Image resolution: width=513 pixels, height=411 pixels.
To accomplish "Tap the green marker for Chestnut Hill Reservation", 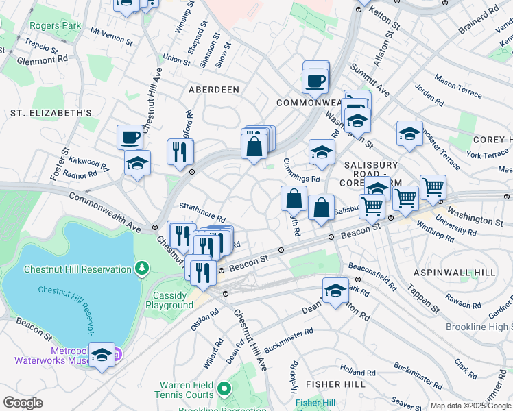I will [x=143, y=266].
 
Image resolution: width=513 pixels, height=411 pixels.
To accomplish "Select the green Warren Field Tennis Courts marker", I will [x=224, y=390].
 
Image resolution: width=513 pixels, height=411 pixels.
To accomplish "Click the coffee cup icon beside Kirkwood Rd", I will [x=130, y=138].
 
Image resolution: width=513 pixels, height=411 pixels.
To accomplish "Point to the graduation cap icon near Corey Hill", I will [x=409, y=134].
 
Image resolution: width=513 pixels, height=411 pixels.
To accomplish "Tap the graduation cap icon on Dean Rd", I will [x=335, y=290].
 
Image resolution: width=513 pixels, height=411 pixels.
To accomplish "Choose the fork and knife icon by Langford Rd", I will [x=180, y=151].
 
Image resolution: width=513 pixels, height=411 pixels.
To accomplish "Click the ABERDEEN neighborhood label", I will [x=215, y=90].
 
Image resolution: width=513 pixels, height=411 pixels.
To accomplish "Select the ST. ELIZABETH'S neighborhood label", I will [x=51, y=112].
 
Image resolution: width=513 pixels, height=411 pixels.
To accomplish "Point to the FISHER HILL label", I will [x=335, y=384].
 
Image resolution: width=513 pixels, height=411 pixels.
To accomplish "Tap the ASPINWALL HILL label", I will [x=455, y=273].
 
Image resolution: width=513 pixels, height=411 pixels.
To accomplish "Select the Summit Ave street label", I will [x=370, y=79].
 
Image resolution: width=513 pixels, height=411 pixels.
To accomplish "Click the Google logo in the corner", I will [x=23, y=403].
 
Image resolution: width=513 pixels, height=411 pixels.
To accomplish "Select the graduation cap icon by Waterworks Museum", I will [x=102, y=355].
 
